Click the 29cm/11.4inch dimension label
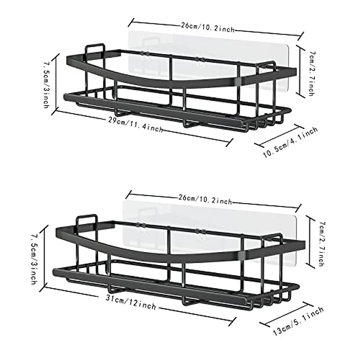(136, 124)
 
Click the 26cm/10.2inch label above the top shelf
(208, 27)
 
